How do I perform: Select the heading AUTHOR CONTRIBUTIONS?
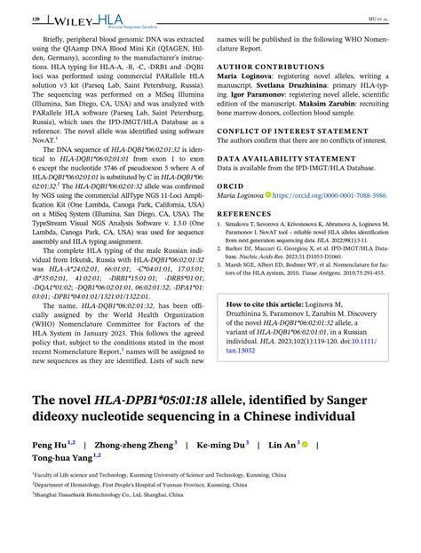click(263, 66)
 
